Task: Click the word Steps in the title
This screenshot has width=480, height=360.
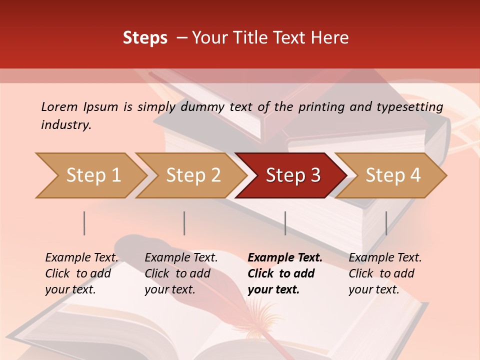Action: [145, 38]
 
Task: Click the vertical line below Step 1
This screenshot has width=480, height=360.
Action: [84, 223]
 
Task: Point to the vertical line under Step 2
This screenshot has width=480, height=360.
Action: [184, 223]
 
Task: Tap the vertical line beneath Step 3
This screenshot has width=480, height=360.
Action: [285, 223]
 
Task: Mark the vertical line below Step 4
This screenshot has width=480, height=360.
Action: [386, 223]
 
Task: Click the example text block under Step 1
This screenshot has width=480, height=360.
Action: [81, 273]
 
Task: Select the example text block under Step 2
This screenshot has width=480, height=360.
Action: [181, 273]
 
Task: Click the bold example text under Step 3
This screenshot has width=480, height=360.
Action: [285, 273]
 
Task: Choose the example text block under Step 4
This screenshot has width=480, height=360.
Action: [385, 273]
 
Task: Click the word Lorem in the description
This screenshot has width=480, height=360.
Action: [59, 106]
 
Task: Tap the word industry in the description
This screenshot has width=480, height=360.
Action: [66, 125]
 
